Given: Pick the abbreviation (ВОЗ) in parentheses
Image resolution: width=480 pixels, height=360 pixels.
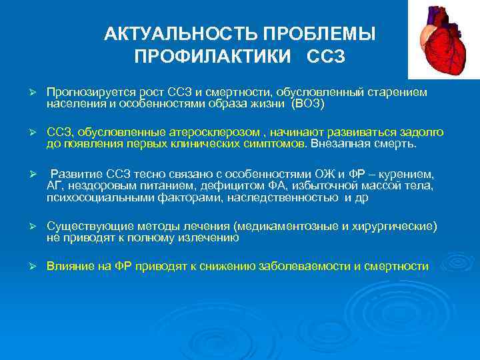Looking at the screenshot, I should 303,104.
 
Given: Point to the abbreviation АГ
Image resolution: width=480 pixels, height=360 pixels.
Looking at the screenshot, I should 54,185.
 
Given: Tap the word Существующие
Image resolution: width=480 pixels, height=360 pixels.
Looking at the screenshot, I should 83,227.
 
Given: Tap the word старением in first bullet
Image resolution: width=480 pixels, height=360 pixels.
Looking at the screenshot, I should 402,91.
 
